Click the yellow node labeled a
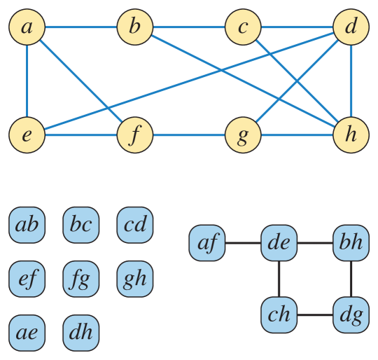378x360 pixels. [27, 28]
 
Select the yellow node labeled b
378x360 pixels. [135, 28]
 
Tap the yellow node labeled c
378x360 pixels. [243, 28]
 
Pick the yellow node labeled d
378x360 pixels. [351, 28]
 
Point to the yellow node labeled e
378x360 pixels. [27, 134]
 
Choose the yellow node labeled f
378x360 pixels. [135, 134]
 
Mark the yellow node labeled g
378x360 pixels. [243, 134]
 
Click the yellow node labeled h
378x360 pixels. [351, 134]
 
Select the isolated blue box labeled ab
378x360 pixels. [27, 225]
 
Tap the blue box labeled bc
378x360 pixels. [81, 225]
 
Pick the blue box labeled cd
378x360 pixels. [135, 225]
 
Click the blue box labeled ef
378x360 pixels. [27, 279]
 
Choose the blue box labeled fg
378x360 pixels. [81, 279]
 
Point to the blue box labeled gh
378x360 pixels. [135, 279]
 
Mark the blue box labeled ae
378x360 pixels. [27, 333]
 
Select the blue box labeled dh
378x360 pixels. [81, 333]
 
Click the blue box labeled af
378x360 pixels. [207, 243]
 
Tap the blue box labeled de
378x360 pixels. [279, 243]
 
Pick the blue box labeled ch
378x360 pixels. [279, 314]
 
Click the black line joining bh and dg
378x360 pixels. [351, 279]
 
